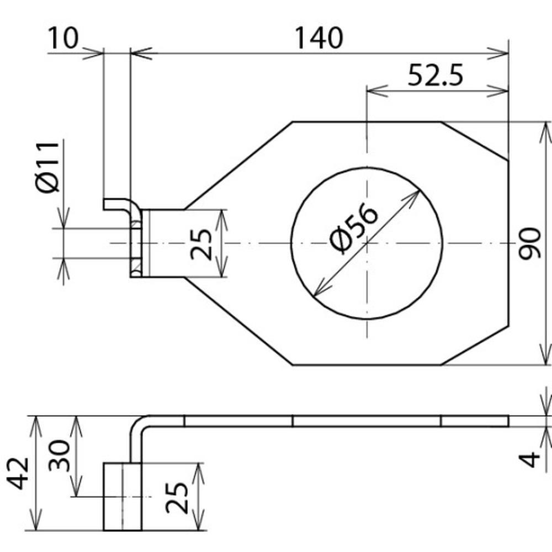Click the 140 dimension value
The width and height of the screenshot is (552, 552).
click(x=319, y=38)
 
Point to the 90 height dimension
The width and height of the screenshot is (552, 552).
click(x=529, y=243)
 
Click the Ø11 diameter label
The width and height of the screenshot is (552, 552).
click(x=49, y=167)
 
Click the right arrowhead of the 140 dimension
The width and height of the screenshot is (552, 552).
click(x=500, y=53)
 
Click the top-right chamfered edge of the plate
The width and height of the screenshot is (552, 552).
click(x=475, y=141)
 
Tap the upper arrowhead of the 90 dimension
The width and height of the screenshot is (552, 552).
click(x=546, y=130)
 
